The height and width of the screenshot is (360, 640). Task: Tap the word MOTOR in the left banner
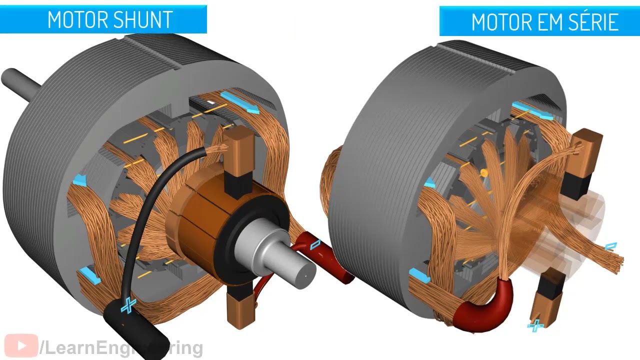71,19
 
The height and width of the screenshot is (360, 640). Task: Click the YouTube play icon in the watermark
21,346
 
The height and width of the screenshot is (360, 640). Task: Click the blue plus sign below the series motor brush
535,326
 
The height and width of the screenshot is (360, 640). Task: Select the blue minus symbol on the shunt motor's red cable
316,244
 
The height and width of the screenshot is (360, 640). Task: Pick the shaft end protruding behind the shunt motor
20,81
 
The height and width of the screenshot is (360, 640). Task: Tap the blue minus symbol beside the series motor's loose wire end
611,246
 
